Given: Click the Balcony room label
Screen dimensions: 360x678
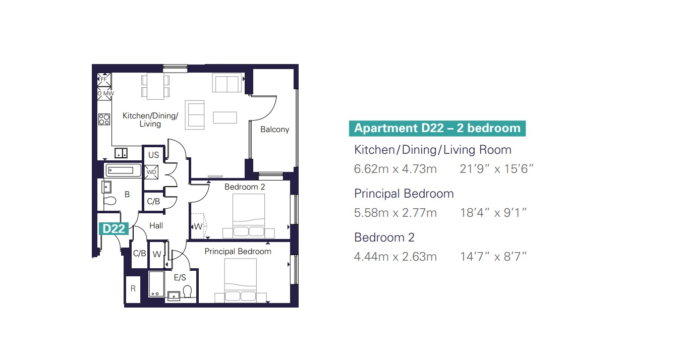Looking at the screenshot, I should tap(274, 130).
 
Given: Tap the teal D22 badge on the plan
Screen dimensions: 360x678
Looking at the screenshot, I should tap(114, 229).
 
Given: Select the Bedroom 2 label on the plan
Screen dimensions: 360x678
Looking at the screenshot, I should tap(245, 187).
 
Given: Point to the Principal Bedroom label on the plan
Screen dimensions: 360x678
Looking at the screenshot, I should tap(238, 251).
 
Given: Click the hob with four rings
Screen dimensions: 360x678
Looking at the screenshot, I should tap(104, 119).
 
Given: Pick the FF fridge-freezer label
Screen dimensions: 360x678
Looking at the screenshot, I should tap(104, 79).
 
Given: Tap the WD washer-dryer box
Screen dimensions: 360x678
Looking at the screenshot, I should tap(151, 172).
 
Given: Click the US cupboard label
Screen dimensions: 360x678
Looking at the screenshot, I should tap(153, 155).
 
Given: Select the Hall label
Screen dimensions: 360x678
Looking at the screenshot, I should tap(156, 226).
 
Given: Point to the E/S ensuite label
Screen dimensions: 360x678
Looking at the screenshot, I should tap(180, 278).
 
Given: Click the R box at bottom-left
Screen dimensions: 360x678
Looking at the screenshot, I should tap(133, 289).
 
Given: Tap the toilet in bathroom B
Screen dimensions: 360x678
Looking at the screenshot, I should tap(110, 201).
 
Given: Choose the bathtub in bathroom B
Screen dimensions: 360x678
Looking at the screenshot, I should tap(124, 170).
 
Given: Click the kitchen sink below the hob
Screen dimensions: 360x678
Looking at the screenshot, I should tap(121, 153).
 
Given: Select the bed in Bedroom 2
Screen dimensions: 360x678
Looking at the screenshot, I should tap(248, 216).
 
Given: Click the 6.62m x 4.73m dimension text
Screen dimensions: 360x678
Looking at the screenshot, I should tap(395, 169).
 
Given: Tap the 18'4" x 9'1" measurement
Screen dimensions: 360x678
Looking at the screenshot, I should tap(493, 213).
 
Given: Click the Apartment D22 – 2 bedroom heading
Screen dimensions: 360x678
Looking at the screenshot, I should tap(437, 128).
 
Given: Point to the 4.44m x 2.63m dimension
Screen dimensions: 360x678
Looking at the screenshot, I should tap(395, 257).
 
